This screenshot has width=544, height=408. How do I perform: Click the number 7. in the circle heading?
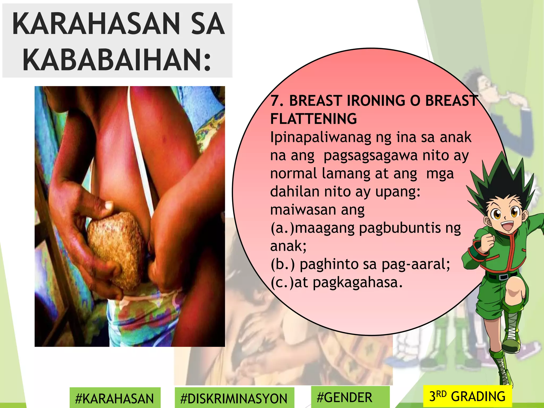(x=277, y=101)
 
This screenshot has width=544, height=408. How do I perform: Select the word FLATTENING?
(x=313, y=119)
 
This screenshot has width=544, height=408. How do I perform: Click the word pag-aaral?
(x=416, y=264)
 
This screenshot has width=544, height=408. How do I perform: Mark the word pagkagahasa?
(x=358, y=282)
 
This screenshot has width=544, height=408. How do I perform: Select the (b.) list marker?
(x=283, y=264)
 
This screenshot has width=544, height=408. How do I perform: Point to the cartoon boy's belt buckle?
(x=503, y=277)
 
